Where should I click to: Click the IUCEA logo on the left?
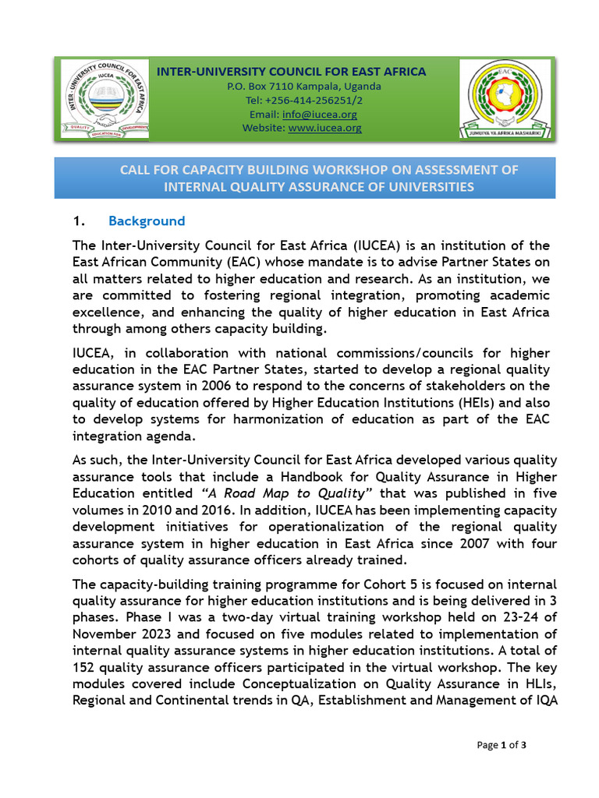coord(103,100)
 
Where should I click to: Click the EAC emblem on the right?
coord(504,100)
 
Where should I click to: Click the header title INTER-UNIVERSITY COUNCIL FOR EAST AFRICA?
coord(292,72)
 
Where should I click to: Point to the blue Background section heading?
coord(147,221)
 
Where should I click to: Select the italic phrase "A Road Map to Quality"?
coord(287,493)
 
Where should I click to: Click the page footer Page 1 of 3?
coord(502,745)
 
